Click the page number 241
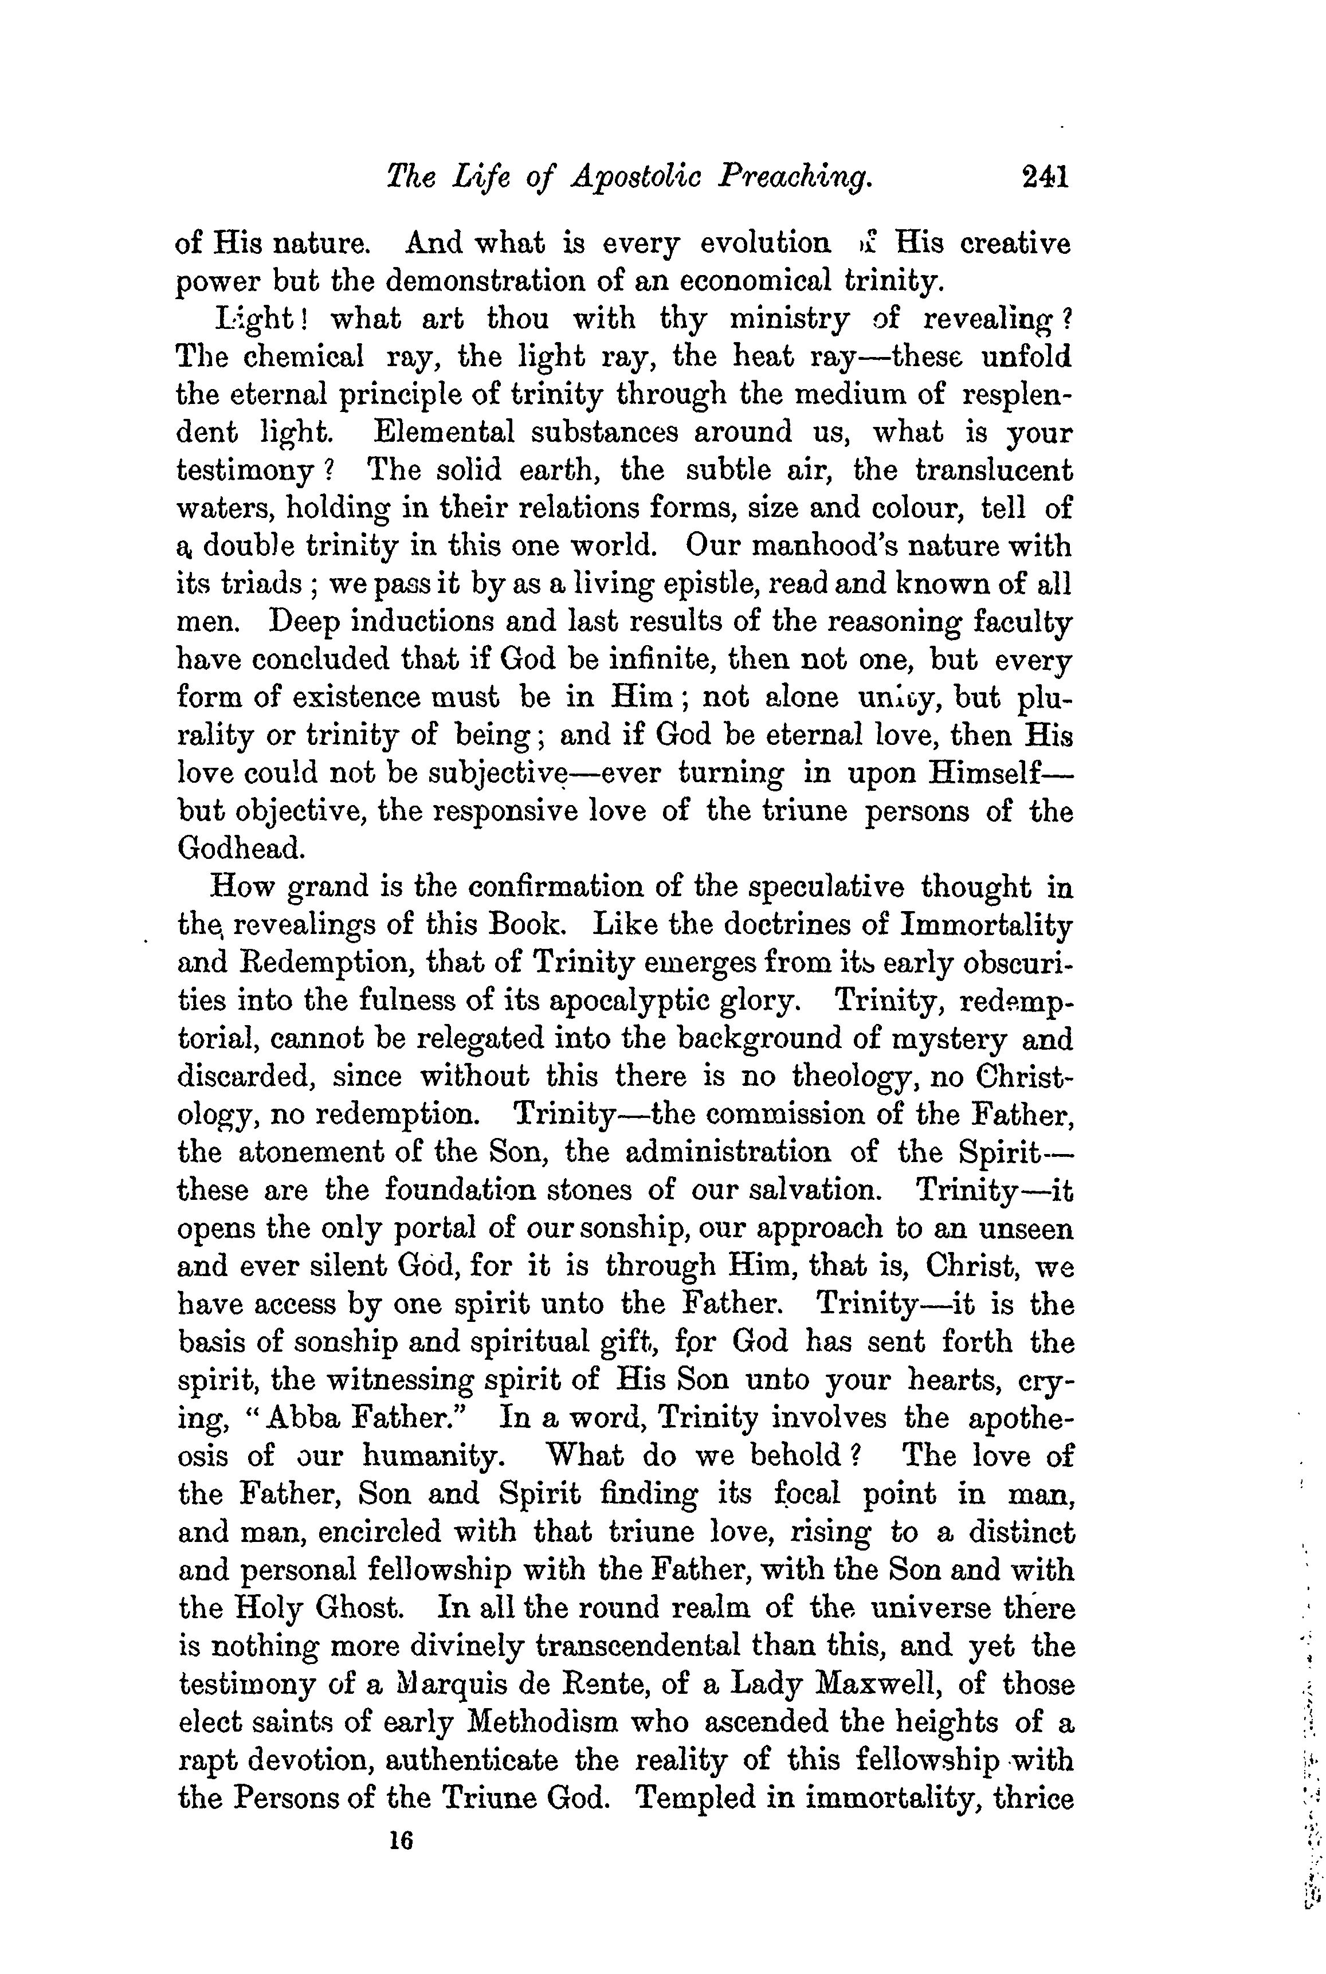coord(1045,176)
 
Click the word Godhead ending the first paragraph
coord(240,848)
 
